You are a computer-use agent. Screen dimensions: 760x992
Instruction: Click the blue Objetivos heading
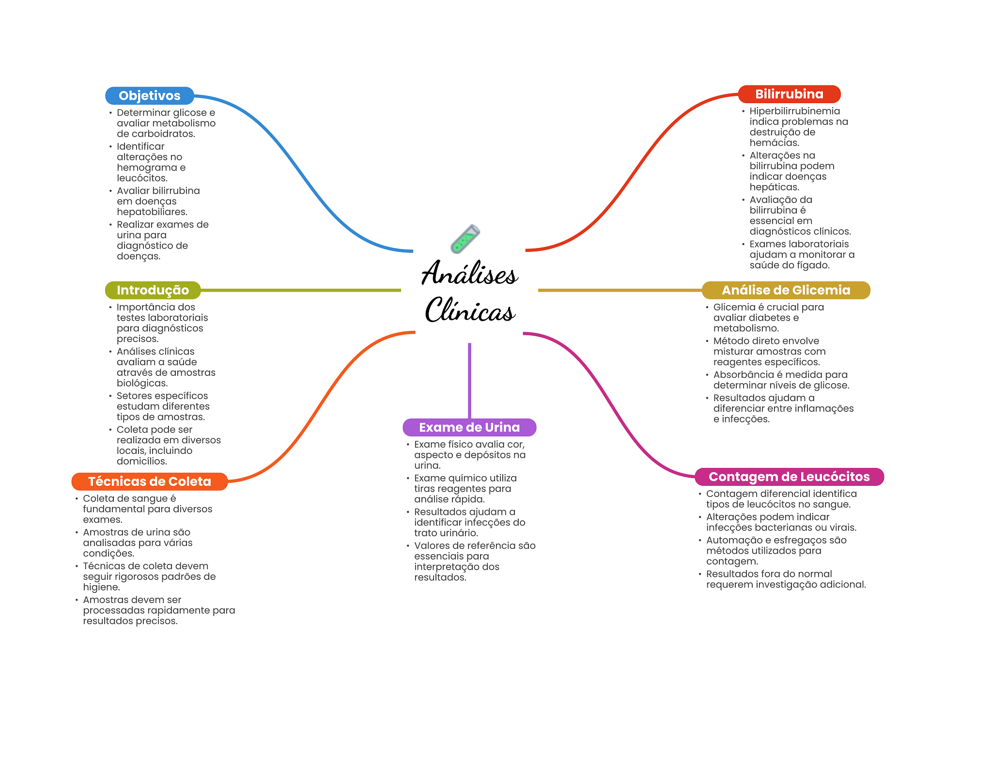(149, 96)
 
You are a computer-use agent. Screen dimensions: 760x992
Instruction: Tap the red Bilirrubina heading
(789, 94)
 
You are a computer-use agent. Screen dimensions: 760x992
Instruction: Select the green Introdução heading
(153, 290)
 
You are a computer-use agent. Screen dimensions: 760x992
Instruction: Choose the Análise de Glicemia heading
(786, 290)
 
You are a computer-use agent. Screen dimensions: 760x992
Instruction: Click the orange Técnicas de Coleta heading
(149, 481)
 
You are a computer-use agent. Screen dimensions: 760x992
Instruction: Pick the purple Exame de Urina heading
(469, 427)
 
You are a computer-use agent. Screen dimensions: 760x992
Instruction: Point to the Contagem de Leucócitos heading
(789, 477)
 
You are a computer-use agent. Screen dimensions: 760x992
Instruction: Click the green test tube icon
(465, 239)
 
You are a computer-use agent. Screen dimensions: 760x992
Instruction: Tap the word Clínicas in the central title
(470, 310)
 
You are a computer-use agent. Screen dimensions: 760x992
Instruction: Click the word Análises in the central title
(470, 274)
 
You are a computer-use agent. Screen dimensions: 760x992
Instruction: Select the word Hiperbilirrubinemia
(794, 111)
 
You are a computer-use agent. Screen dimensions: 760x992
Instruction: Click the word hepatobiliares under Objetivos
(152, 212)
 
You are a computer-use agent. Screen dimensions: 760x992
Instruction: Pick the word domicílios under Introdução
(141, 462)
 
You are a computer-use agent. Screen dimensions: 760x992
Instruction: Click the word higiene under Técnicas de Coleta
(100, 588)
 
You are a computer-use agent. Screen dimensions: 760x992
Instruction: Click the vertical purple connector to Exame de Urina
(469, 380)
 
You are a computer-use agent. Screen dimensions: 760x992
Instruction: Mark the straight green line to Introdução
(300, 290)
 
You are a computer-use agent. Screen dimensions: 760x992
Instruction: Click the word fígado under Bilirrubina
(815, 265)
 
